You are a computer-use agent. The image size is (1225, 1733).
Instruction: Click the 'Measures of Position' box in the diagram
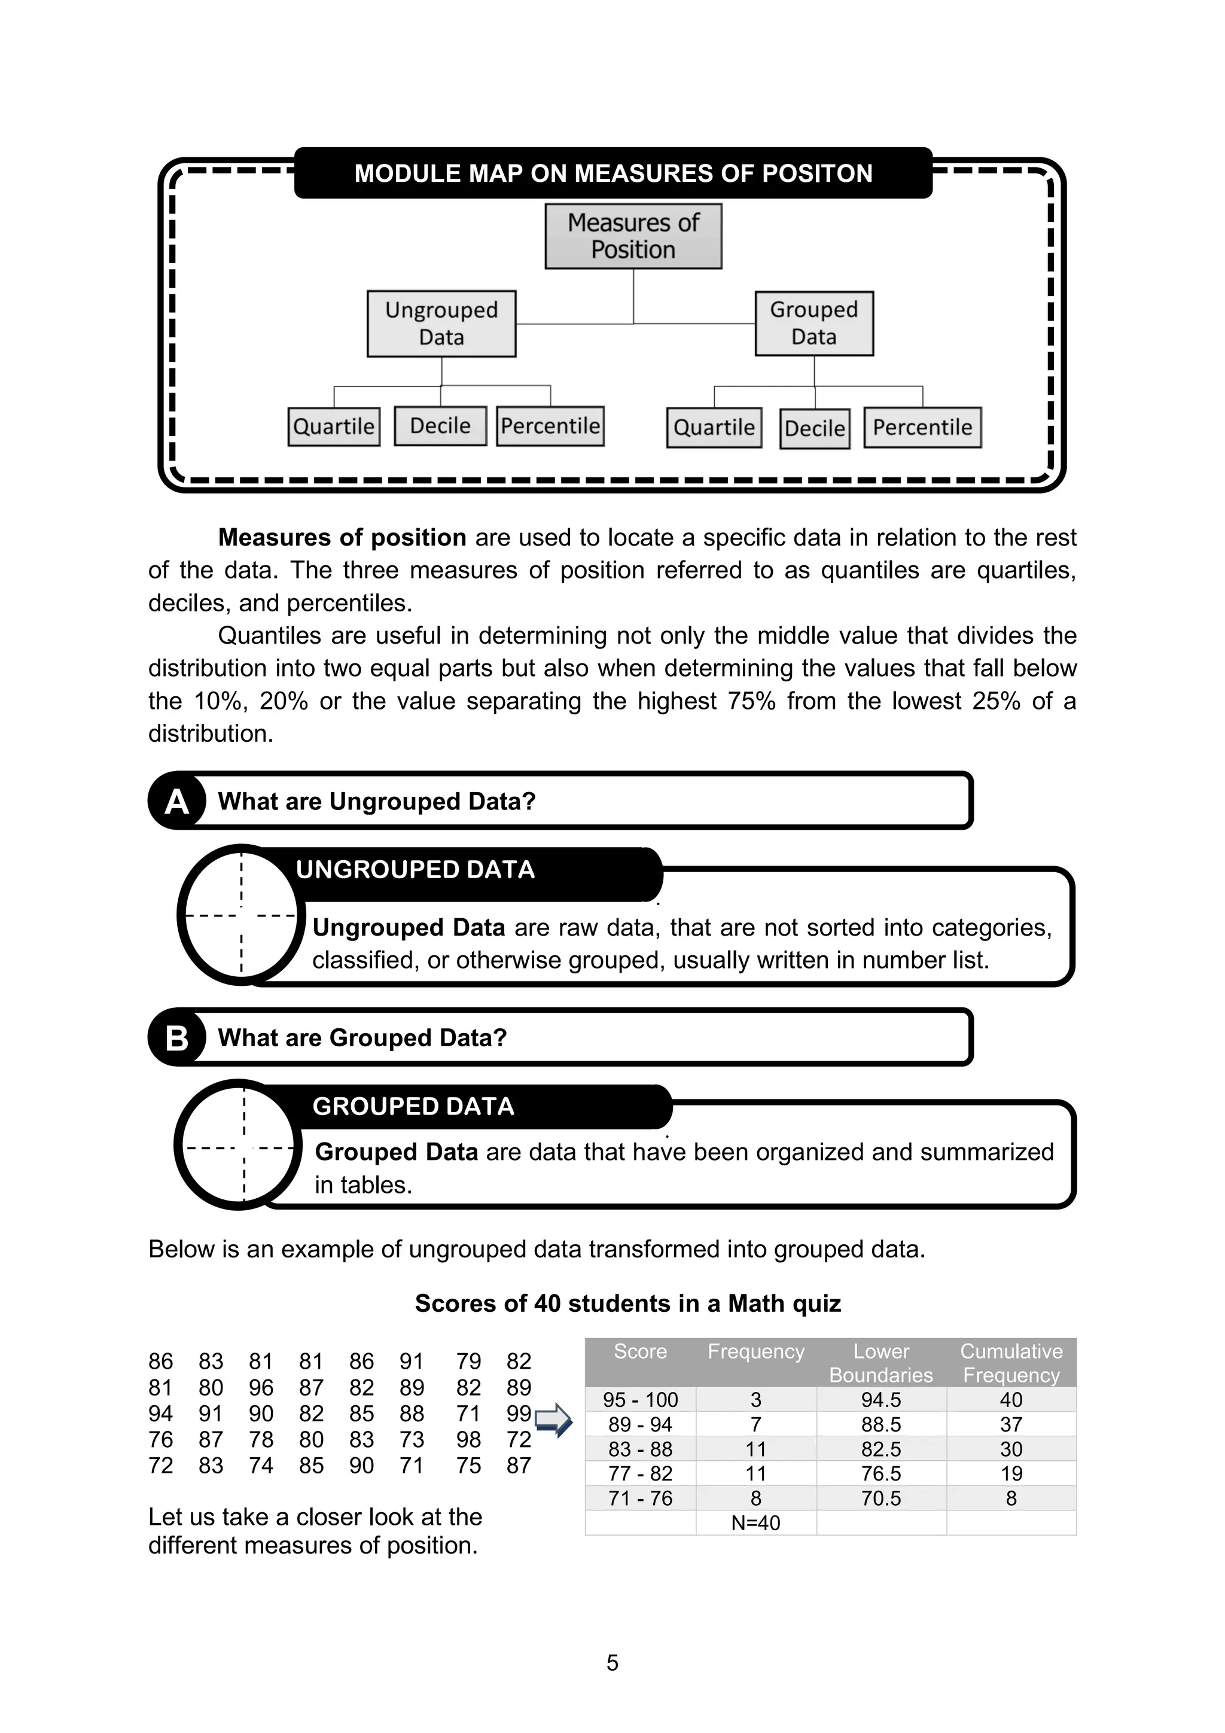633,236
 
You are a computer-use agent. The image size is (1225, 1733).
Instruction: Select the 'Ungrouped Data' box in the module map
441,324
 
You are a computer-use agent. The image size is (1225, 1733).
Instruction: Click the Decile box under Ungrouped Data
440,427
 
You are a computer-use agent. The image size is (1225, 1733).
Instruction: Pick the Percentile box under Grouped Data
922,428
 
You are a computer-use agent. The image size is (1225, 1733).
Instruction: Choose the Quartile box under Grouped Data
714,428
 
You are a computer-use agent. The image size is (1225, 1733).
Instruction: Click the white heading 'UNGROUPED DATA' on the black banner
415,870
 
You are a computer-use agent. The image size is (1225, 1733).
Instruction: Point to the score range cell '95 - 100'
640,1400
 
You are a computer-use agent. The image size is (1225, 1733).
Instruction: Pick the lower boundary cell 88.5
881,1424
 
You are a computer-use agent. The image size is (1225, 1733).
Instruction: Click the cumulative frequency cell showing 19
1011,1473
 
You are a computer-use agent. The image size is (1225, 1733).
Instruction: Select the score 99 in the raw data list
519,1413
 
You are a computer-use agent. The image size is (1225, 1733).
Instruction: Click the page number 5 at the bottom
612,1663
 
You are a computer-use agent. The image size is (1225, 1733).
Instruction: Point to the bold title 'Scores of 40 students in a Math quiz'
627,1303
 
